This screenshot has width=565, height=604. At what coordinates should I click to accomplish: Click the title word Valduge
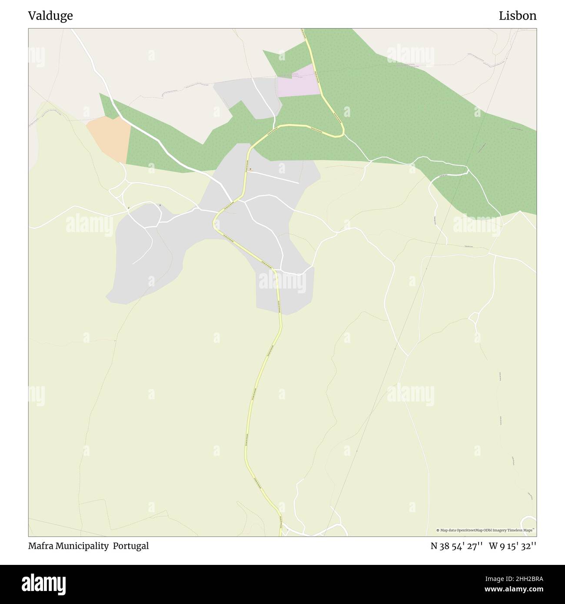(x=50, y=16)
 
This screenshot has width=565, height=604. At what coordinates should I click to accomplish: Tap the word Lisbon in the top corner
(x=517, y=16)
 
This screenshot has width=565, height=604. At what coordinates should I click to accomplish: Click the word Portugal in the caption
(x=131, y=546)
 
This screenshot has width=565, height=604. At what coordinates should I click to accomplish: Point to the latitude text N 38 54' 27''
(x=456, y=546)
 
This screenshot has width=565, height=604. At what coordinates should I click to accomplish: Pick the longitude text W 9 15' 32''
(x=512, y=546)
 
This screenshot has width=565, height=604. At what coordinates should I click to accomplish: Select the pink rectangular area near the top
(x=299, y=82)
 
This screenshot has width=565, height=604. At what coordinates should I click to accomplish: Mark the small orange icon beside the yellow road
(x=250, y=169)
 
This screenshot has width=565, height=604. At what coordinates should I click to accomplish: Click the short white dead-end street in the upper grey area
(x=274, y=177)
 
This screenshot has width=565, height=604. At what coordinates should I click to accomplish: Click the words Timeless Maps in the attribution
(x=522, y=530)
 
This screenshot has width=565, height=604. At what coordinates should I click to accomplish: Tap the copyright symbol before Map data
(x=438, y=530)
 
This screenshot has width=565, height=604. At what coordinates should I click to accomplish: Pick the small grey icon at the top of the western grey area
(x=160, y=205)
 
